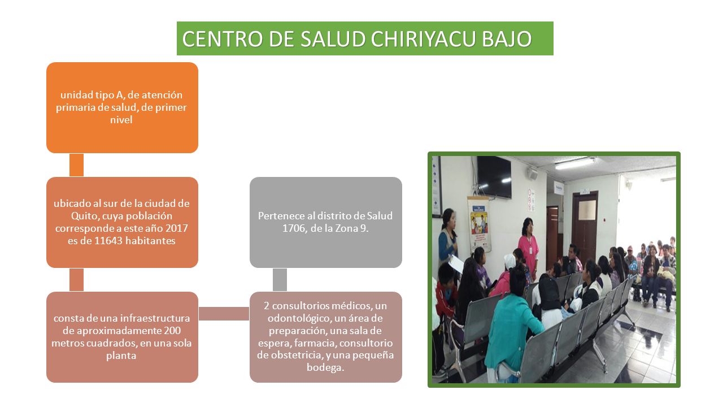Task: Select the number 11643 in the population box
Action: click(108, 241)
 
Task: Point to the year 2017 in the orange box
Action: click(177, 228)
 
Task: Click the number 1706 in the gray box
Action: click(294, 228)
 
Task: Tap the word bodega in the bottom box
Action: click(325, 368)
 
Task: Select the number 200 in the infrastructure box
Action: click(172, 331)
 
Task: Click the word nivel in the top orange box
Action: click(121, 120)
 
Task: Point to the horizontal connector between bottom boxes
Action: click(224, 314)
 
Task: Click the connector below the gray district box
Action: click(280, 280)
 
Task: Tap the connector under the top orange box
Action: click(76, 165)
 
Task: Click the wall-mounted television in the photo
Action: click(494, 177)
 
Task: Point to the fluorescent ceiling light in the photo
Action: click(575, 163)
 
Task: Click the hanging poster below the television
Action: click(480, 223)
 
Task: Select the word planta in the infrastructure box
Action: click(121, 356)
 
